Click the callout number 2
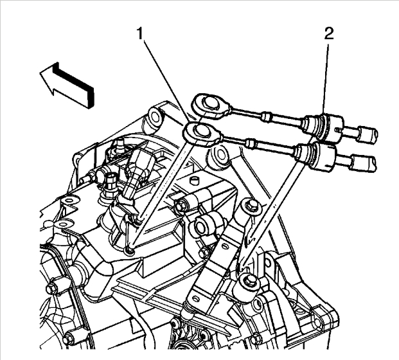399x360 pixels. [x=328, y=34]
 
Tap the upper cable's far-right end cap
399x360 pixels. [x=368, y=134]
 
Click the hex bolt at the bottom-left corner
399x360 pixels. [x=70, y=335]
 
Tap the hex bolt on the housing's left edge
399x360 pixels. [x=53, y=281]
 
